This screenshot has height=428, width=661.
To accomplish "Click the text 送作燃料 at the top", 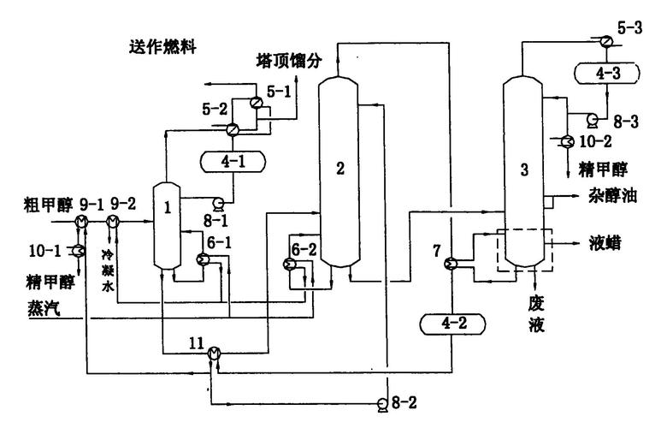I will point(162,45).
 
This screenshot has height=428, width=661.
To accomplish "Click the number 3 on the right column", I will point(524,169).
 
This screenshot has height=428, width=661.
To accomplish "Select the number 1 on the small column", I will point(168,206).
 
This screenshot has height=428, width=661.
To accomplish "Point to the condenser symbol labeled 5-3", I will point(605,40).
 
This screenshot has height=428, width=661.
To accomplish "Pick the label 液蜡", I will point(604,243).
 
